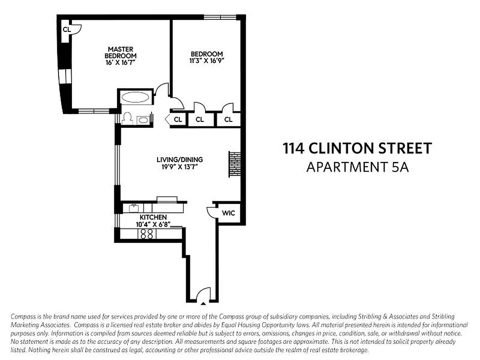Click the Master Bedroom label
click(120, 52)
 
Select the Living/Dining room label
click(179, 159)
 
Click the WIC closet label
click(228, 213)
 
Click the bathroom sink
click(143, 120)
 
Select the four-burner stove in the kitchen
click(146, 234)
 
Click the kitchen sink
click(134, 208)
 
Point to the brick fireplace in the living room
click(234, 164)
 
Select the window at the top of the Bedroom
click(220, 18)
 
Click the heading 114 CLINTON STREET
click(357, 148)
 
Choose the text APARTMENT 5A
click(357, 167)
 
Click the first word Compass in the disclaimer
click(22, 316)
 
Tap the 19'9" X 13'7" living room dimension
click(179, 166)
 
